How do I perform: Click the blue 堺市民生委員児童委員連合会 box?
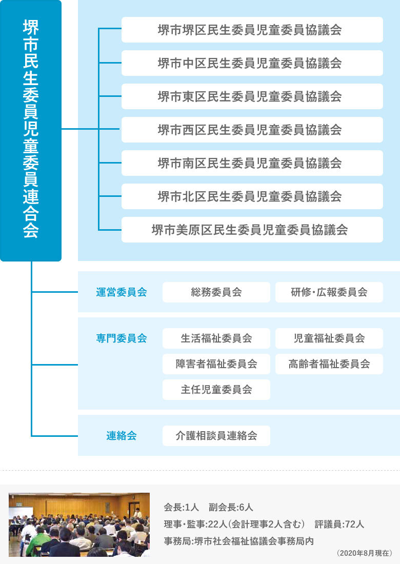[x=31, y=131]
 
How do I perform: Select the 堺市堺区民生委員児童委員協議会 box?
[x=252, y=30]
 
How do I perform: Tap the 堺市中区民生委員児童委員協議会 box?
[x=252, y=63]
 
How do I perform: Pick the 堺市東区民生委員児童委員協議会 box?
[x=252, y=96]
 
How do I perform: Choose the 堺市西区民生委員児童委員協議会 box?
[x=252, y=130]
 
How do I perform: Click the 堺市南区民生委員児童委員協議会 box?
[x=252, y=163]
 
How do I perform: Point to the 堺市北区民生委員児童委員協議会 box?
[x=252, y=196]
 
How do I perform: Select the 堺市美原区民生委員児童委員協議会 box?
[x=252, y=230]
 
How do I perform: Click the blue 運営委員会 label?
[x=122, y=292]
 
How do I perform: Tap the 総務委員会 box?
[x=216, y=292]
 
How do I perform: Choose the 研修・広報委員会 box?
[x=329, y=292]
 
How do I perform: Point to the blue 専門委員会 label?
[x=122, y=338]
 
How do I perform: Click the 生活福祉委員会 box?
[x=216, y=338]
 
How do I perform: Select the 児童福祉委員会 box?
[x=329, y=338]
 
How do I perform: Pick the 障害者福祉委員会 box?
[x=216, y=364]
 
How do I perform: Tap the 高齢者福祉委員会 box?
[x=329, y=364]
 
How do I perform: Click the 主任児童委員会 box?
[x=216, y=390]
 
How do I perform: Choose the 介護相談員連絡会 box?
[x=216, y=436]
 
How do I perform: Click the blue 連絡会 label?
[x=122, y=436]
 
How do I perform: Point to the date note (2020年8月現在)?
[x=365, y=553]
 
